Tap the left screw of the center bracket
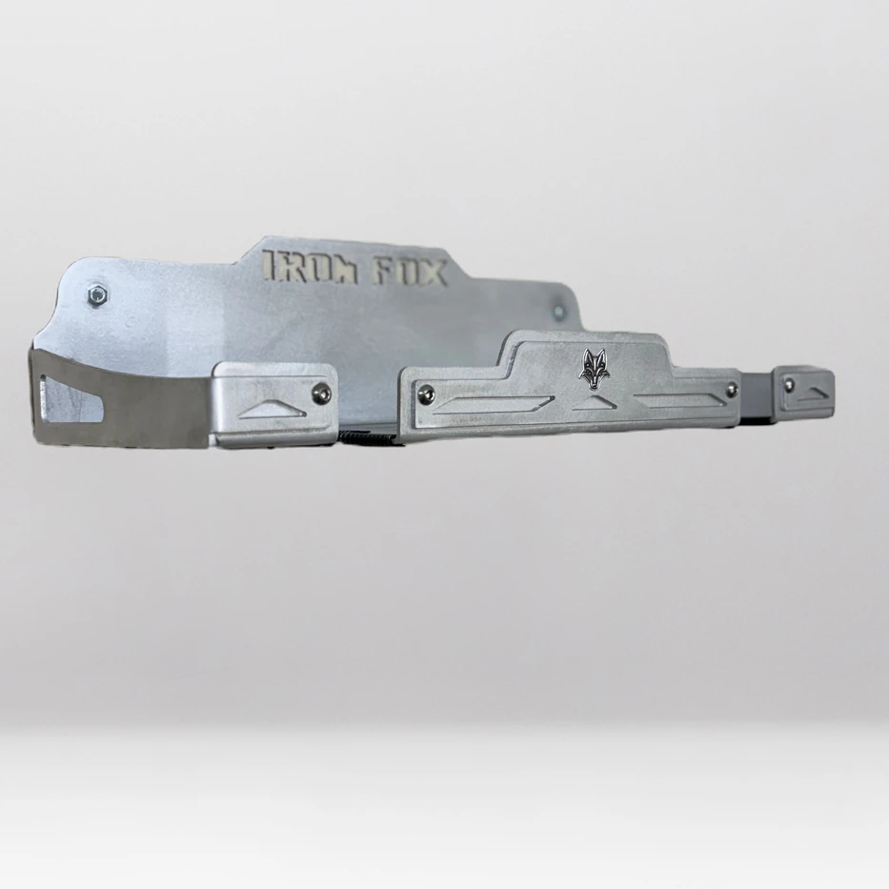tap(425, 392)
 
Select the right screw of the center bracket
tap(733, 388)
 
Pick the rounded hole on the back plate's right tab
tap(558, 311)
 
